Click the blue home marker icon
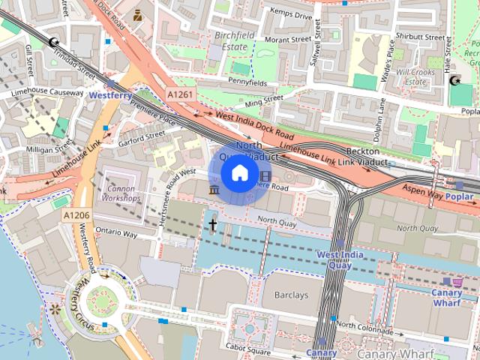[238, 173]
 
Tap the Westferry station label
[111, 96]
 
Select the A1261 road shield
[179, 94]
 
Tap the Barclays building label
[290, 295]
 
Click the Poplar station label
[459, 197]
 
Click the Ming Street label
[264, 100]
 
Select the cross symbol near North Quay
[213, 224]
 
